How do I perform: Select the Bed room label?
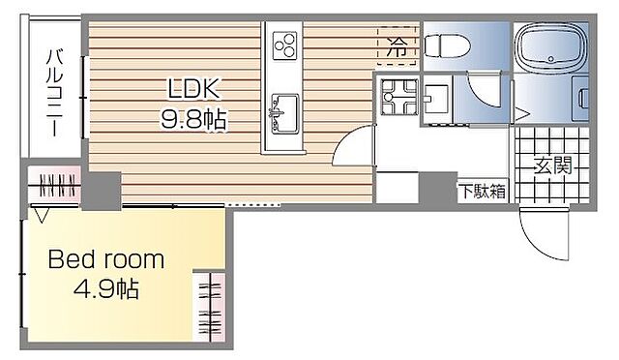[x=107, y=260]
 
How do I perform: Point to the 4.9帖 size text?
[x=107, y=289]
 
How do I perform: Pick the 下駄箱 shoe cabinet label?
[x=482, y=191]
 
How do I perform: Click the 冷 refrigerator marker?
[x=398, y=45]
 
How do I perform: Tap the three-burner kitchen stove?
[x=286, y=45]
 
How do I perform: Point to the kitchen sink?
[x=284, y=108]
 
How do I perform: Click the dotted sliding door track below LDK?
[x=254, y=204]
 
